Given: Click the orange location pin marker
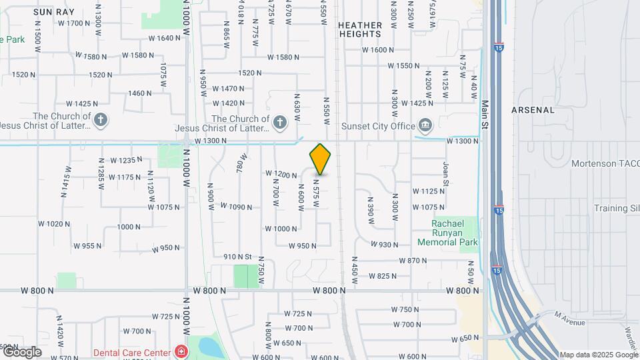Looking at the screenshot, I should coord(321,159).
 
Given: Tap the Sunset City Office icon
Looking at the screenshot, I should coord(425,125).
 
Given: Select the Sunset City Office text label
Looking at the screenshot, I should coord(377,125).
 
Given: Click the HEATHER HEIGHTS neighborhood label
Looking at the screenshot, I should coord(360,30).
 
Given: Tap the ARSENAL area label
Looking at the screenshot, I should coord(533,109).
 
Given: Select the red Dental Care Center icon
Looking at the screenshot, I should coord(180,351).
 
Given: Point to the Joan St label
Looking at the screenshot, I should coord(445,173).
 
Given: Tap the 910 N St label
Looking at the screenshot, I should coord(237,257).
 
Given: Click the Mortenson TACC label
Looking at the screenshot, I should coord(605,163).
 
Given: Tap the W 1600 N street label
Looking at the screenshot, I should coord(378,50).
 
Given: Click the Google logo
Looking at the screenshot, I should coord(21,352).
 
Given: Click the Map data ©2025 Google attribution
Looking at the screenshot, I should coord(598,355).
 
